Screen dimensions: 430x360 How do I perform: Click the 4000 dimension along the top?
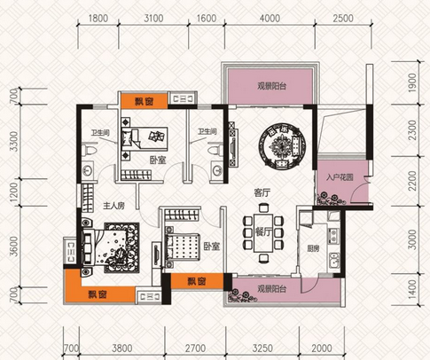270,19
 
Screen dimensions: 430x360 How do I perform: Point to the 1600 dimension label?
207,19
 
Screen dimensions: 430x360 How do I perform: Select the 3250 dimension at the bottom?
262,348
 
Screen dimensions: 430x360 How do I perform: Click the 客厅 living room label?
262,193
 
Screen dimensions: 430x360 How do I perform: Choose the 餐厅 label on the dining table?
263,232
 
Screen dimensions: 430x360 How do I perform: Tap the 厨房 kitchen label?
313,248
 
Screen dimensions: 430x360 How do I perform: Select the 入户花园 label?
340,177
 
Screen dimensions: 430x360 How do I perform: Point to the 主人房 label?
113,206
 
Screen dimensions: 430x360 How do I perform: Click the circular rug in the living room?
282,146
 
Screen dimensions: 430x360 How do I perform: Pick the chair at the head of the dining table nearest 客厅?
262,207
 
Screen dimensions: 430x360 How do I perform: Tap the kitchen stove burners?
334,236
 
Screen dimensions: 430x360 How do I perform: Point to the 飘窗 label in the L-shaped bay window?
98,294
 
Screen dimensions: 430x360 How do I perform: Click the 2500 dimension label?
343,19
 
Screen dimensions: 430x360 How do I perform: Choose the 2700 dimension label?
195,348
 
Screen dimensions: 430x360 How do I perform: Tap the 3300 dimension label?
14,141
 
